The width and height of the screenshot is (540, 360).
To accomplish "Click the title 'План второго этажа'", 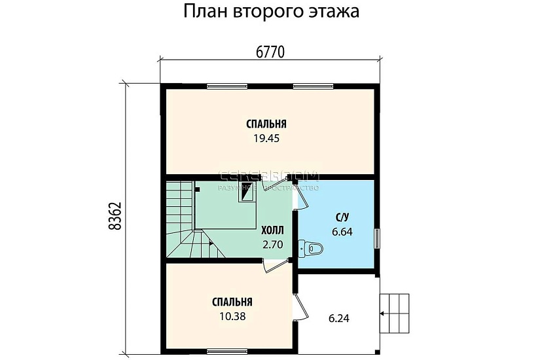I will pyautogui.click(x=270, y=12).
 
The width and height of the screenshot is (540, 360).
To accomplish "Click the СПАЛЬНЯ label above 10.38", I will pyautogui.click(x=232, y=302).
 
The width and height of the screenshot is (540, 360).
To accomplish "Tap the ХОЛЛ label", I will pyautogui.click(x=272, y=231).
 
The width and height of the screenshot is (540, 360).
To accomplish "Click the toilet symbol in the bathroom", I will pyautogui.click(x=310, y=248).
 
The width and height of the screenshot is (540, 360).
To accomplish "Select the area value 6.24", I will pyautogui.click(x=338, y=319).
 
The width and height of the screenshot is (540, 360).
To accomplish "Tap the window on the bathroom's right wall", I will pyautogui.click(x=376, y=238).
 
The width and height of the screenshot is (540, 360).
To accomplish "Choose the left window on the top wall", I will pyautogui.click(x=227, y=86).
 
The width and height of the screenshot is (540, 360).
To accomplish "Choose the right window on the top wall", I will pyautogui.click(x=314, y=86).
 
